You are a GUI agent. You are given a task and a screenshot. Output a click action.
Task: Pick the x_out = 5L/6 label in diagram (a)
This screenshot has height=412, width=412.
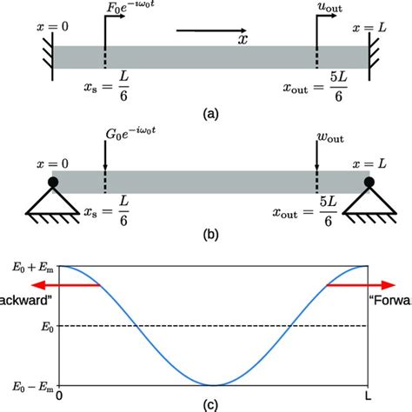tap(316, 89)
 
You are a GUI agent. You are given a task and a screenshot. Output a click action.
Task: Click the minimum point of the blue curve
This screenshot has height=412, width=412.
tap(214, 384)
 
